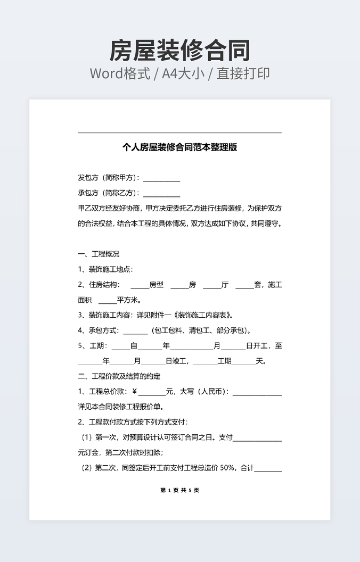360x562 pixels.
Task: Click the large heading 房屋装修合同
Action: click(x=179, y=51)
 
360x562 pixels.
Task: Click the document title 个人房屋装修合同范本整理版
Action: click(x=179, y=147)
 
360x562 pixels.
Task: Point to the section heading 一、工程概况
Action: click(x=99, y=254)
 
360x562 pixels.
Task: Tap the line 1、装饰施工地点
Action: click(x=105, y=269)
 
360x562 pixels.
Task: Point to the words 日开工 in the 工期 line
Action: click(x=258, y=346)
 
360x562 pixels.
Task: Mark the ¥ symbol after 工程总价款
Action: click(x=134, y=392)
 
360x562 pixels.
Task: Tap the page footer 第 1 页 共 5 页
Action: click(x=179, y=490)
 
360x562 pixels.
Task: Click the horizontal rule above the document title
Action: click(x=179, y=133)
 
